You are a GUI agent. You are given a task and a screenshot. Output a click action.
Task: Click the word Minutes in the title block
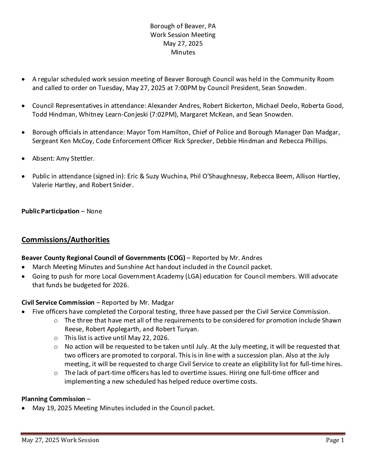click(183, 52)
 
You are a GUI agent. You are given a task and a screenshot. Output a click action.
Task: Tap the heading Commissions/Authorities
click(66, 240)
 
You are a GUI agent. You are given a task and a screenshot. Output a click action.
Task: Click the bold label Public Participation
click(50, 211)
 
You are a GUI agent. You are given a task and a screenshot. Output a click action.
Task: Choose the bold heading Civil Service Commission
click(58, 303)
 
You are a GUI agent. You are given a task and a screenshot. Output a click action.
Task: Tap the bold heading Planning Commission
click(53, 399)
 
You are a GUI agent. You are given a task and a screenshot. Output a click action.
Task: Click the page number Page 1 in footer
click(335, 440)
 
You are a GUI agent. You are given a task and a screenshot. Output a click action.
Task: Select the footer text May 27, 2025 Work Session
click(60, 440)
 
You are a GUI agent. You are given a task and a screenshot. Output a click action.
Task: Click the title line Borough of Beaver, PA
click(183, 26)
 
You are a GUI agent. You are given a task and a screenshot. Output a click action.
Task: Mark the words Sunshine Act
click(166, 267)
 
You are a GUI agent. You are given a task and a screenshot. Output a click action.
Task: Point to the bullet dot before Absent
click(23, 159)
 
